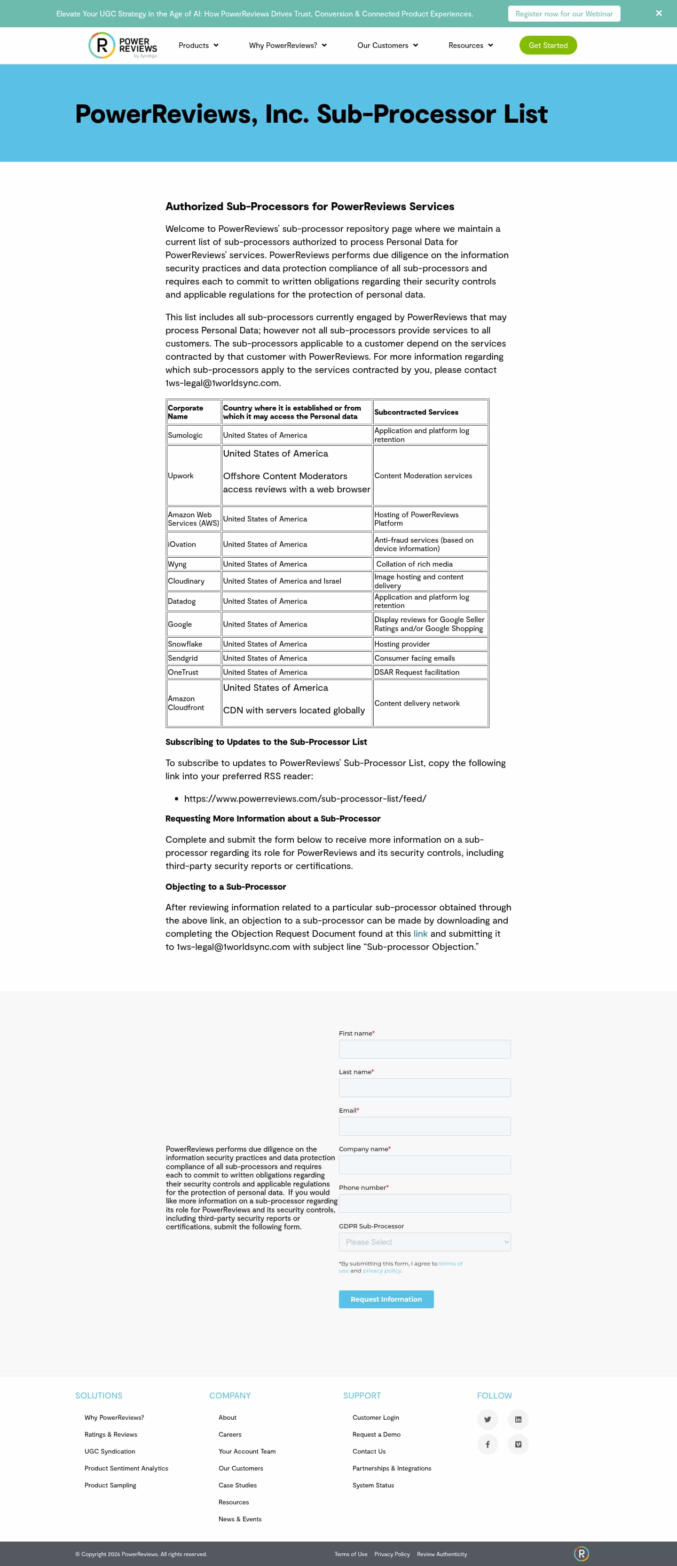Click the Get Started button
pos(548,45)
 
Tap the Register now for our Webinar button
pos(563,13)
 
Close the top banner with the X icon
pos(658,13)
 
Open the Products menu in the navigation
pos(198,45)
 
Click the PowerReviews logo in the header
pos(123,46)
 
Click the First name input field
pos(424,1049)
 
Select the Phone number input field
pos(424,1204)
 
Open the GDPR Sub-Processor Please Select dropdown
pos(424,1242)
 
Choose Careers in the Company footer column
pos(230,1435)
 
